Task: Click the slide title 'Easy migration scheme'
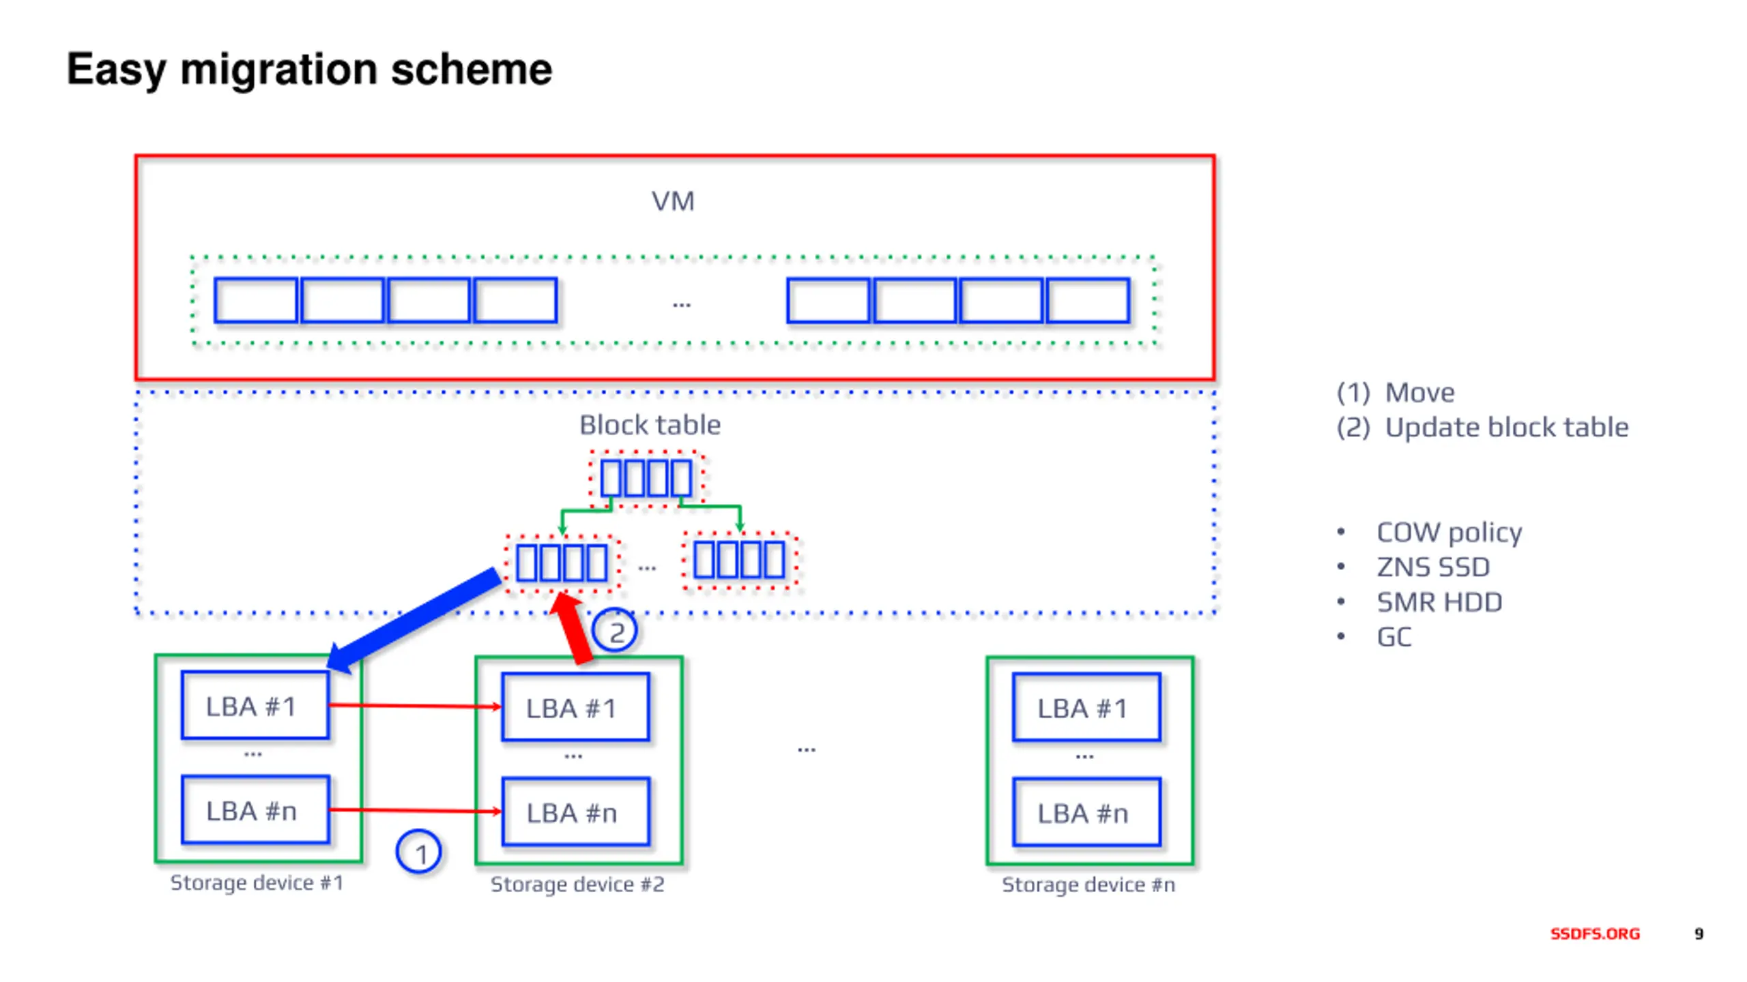point(309,70)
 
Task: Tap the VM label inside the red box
point(673,201)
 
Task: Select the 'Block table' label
point(650,425)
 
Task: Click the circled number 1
point(418,852)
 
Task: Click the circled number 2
point(614,631)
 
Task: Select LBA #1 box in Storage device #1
point(255,705)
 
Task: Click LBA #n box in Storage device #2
point(575,812)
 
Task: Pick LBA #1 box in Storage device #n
point(1086,707)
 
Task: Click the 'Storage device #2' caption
point(577,884)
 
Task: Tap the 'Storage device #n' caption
point(1088,884)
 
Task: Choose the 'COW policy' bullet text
point(1449,533)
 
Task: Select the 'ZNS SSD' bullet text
point(1433,567)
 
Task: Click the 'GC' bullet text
point(1394,637)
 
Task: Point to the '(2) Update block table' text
point(1482,428)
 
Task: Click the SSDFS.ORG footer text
point(1595,934)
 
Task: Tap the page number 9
point(1699,934)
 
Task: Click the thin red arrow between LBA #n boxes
point(416,810)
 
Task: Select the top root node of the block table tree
point(646,479)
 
